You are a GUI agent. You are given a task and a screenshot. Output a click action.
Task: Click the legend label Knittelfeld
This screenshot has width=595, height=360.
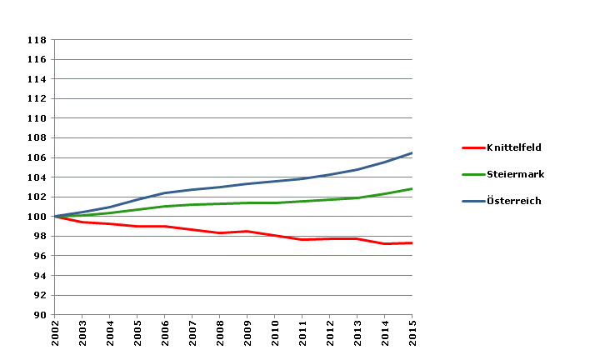(513, 147)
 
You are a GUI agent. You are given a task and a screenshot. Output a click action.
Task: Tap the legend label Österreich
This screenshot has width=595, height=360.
(514, 201)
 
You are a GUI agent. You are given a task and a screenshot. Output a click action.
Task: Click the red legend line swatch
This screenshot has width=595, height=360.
(472, 147)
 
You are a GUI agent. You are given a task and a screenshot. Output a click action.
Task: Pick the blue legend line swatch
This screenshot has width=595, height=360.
(472, 201)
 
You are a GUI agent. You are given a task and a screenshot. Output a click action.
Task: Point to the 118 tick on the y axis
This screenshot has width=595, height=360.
(36, 40)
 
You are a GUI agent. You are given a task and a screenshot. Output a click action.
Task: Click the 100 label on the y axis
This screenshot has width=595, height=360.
(36, 217)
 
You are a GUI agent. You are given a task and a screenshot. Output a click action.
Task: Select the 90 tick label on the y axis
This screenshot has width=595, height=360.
(39, 315)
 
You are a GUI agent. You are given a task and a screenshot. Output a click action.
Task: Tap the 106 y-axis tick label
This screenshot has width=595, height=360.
(36, 157)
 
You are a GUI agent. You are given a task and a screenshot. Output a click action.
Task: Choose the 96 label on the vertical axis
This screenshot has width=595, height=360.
(39, 256)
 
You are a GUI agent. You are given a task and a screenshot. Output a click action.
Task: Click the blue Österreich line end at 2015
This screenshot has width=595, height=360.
(412, 153)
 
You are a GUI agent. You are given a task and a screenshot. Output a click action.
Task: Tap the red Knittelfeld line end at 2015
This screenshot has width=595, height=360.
(412, 242)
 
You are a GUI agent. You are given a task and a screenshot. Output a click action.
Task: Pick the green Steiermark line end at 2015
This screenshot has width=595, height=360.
(412, 189)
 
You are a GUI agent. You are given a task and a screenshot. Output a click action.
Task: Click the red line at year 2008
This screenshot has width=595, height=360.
(220, 233)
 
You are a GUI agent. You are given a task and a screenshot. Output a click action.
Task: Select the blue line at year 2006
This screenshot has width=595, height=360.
(165, 192)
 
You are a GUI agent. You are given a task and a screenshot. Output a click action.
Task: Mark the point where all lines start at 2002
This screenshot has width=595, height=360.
(55, 217)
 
